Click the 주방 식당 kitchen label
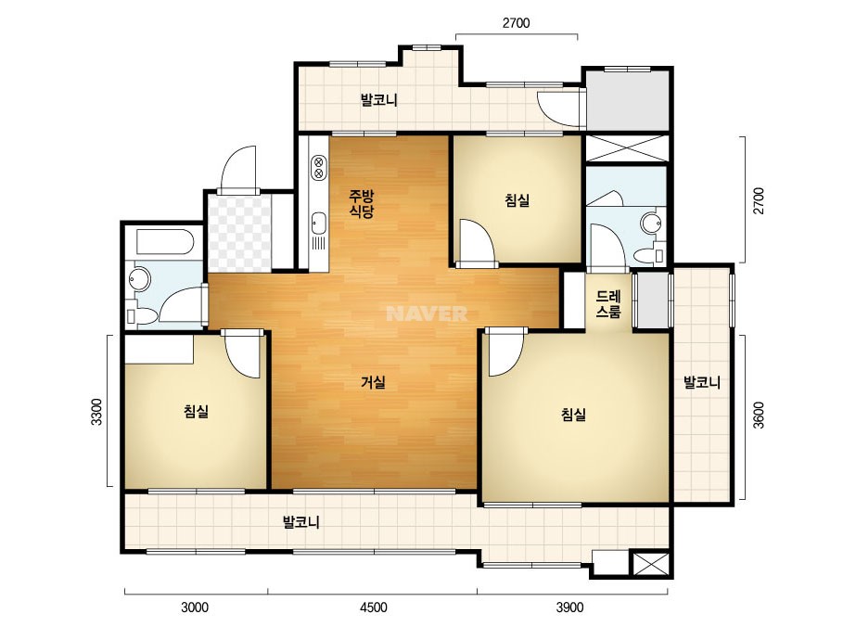[362, 203]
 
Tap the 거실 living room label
[374, 382]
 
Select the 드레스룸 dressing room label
[608, 304]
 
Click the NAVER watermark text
[427, 313]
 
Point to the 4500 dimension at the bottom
[374, 608]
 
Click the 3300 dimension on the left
[96, 413]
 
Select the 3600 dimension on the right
[759, 416]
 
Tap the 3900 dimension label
[570, 608]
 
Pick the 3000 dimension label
[195, 608]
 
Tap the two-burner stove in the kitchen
[318, 168]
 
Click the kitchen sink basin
[318, 224]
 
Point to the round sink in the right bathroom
[651, 223]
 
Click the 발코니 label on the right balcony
[702, 382]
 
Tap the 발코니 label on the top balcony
[379, 100]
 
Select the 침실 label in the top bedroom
[517, 200]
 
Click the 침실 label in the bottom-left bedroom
[196, 411]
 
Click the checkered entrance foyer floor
[240, 233]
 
